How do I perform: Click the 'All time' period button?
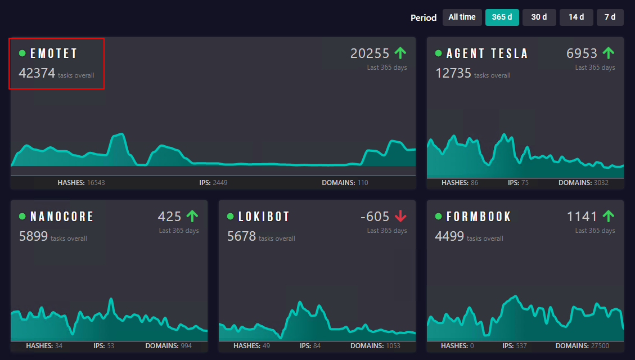pyautogui.click(x=462, y=17)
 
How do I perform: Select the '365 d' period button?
pyautogui.click(x=502, y=17)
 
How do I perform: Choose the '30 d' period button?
pyautogui.click(x=539, y=17)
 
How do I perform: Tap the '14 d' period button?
pyautogui.click(x=576, y=17)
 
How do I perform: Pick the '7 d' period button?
pyautogui.click(x=610, y=17)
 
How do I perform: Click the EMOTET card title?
pyautogui.click(x=54, y=53)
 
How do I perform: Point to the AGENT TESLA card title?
pyautogui.click(x=487, y=53)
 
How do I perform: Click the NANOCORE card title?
pyautogui.click(x=62, y=217)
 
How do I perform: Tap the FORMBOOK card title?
pyautogui.click(x=479, y=217)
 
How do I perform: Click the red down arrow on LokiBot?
pyautogui.click(x=400, y=216)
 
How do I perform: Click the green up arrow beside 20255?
pyautogui.click(x=400, y=53)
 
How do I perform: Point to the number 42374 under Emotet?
pyautogui.click(x=37, y=73)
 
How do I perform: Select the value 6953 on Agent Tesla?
pyautogui.click(x=582, y=53)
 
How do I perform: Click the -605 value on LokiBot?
pyautogui.click(x=375, y=217)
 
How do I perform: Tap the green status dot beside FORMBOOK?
pyautogui.click(x=439, y=217)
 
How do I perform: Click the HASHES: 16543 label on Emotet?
pyautogui.click(x=81, y=183)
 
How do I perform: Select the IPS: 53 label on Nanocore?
pyautogui.click(x=104, y=346)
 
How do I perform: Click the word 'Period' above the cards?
pyautogui.click(x=424, y=18)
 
